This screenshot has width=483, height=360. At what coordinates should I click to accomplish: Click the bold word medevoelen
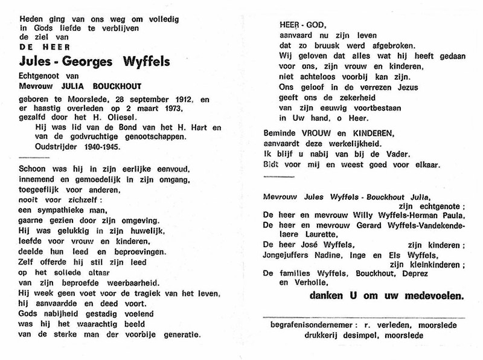pyautogui.click(x=433, y=297)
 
